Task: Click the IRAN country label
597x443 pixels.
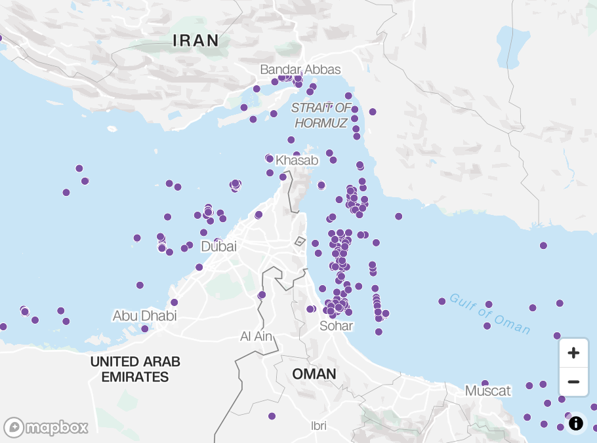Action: tap(196, 40)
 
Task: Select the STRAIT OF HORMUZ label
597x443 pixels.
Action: tap(321, 115)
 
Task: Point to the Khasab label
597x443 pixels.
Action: tap(297, 161)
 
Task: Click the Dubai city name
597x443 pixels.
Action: tap(218, 247)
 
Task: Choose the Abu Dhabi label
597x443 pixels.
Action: tap(144, 316)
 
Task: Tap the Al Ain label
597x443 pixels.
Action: tap(256, 336)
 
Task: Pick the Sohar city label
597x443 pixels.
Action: tap(336, 326)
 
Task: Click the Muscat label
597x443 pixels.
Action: tap(487, 391)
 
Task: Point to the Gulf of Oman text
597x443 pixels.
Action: tap(489, 314)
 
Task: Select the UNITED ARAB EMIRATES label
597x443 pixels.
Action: tap(135, 369)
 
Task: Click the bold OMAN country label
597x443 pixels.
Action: tap(314, 374)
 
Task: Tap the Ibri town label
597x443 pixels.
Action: tap(318, 426)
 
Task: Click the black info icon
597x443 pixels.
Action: tap(576, 423)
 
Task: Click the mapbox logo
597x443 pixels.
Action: tap(46, 427)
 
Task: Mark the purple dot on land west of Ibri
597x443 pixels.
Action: tap(272, 416)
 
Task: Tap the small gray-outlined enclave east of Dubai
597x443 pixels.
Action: tap(300, 241)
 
